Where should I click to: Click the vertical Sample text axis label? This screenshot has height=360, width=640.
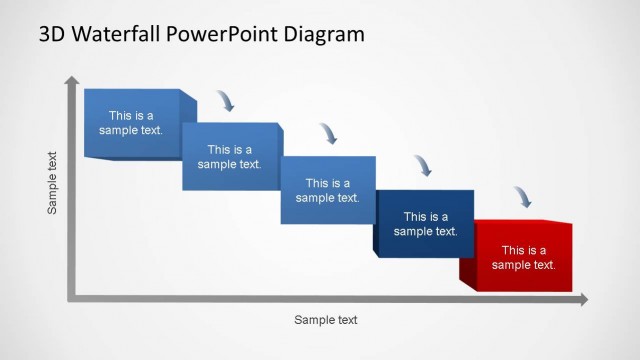point(53,182)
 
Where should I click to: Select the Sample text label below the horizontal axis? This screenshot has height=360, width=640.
point(325,320)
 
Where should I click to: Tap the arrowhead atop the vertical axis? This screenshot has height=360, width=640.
point(70,80)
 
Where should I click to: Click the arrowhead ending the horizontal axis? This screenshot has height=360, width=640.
point(583,299)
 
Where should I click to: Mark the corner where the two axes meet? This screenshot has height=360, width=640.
point(71,298)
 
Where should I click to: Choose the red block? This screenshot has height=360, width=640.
point(523,257)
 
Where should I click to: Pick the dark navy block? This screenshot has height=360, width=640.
point(425,223)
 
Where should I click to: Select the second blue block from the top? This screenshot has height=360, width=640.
point(229,156)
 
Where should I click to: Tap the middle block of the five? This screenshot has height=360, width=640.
point(327,190)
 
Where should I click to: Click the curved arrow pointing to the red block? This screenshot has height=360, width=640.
point(523,197)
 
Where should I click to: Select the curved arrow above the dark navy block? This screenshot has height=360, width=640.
point(424,165)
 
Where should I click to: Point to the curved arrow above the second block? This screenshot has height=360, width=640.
point(227,100)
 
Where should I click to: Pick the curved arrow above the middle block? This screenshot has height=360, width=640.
point(327,133)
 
